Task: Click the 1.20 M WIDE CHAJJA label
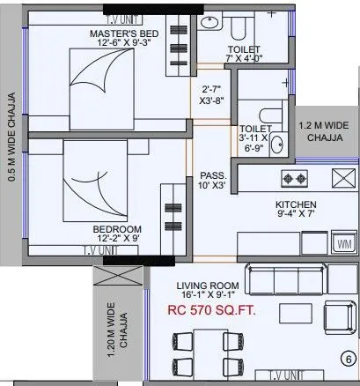click(x=117, y=328)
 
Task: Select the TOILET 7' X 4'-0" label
click(x=243, y=54)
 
